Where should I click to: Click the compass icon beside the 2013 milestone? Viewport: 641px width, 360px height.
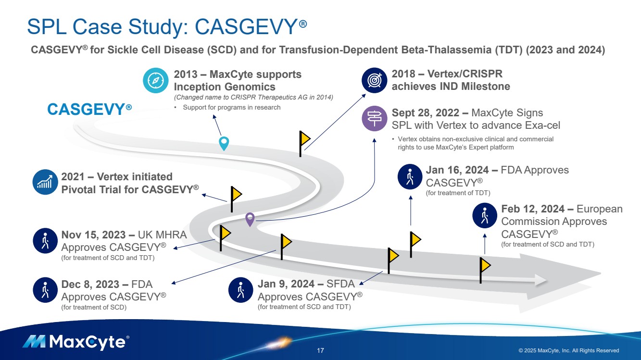pyautogui.click(x=155, y=81)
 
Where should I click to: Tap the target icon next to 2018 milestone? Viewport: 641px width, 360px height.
pyautogui.click(x=374, y=80)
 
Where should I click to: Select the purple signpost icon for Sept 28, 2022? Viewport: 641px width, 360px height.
pyautogui.click(x=374, y=119)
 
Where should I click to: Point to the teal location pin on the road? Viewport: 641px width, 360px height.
pyautogui.click(x=224, y=143)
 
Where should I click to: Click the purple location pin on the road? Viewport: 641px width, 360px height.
pyautogui.click(x=250, y=219)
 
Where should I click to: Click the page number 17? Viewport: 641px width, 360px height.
pyautogui.click(x=320, y=350)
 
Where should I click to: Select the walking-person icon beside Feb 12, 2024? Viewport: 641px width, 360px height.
pyautogui.click(x=484, y=215)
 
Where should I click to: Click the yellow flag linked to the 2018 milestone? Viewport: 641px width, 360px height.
pyautogui.click(x=304, y=139)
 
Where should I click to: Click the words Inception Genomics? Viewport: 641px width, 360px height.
pyautogui.click(x=225, y=87)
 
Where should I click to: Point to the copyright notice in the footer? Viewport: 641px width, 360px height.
pyautogui.click(x=568, y=350)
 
